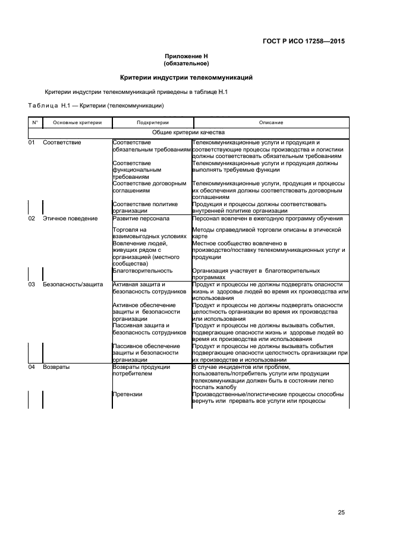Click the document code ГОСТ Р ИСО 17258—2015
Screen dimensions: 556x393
point(303,42)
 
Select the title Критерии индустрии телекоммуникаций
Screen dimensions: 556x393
point(186,77)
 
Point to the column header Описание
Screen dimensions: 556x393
point(271,122)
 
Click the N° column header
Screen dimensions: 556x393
point(34,122)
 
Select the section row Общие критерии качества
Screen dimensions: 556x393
point(188,132)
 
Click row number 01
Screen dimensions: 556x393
point(32,143)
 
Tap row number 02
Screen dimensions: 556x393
point(32,219)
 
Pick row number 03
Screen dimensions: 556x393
point(32,285)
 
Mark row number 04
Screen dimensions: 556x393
point(32,367)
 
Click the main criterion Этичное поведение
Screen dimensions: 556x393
point(70,219)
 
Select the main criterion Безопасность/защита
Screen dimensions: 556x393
point(73,285)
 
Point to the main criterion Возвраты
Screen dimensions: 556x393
point(56,367)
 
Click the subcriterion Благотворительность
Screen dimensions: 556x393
point(143,270)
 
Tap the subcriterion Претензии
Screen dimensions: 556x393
point(127,394)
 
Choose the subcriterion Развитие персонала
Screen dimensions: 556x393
point(141,219)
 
